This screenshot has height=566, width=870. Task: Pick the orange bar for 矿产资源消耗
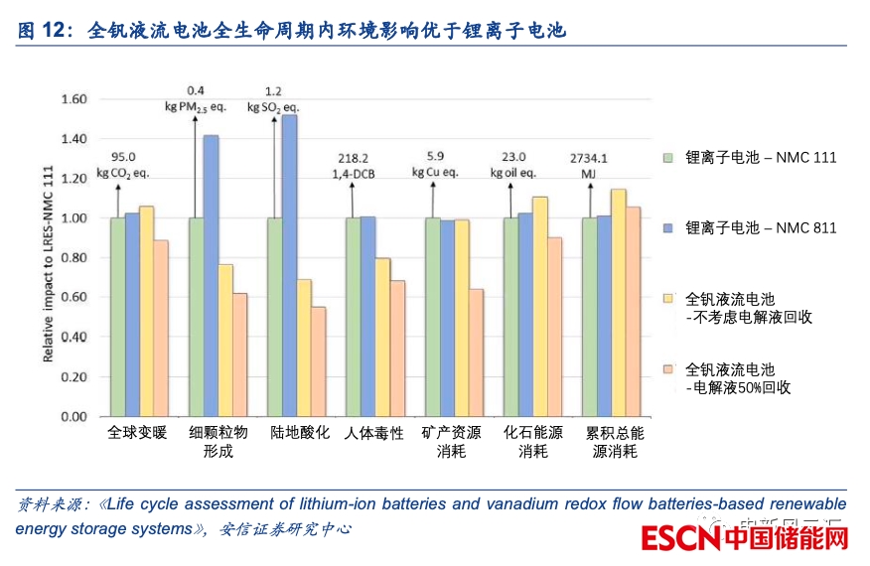[476, 353]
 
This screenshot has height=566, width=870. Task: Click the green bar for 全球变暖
[117, 317]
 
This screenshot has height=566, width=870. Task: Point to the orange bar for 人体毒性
[397, 348]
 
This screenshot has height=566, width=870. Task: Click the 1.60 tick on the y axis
[74, 99]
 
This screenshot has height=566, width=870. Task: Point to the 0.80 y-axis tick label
[74, 257]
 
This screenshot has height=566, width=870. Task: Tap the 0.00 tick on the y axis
[74, 416]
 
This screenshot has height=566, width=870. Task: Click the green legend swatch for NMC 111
[668, 157]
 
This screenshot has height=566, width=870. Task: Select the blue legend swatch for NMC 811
[668, 227]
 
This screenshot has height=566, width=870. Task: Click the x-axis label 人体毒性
[374, 434]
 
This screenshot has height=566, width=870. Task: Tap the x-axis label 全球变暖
[138, 434]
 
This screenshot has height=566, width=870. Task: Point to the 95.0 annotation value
[123, 157]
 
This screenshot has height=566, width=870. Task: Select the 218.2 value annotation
[354, 157]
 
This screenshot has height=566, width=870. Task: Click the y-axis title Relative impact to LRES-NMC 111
[48, 256]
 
